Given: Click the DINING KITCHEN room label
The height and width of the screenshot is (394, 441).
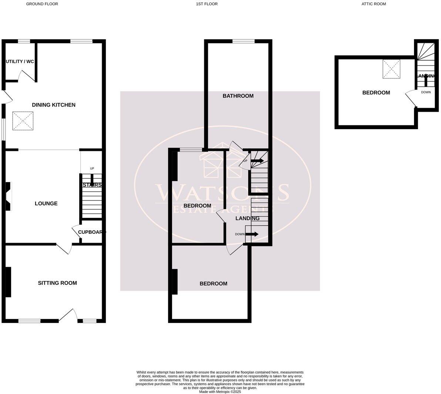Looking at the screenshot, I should pyautogui.click(x=54, y=105).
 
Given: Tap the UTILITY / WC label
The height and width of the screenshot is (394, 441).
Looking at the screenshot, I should pyautogui.click(x=20, y=61).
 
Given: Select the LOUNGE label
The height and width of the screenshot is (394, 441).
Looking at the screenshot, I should pyautogui.click(x=46, y=203).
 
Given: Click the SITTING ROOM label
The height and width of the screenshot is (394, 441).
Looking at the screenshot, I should pyautogui.click(x=57, y=283).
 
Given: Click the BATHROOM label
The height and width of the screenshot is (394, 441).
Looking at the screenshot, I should pyautogui.click(x=238, y=96).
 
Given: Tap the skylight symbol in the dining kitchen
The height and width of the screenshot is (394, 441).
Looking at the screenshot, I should pyautogui.click(x=22, y=121).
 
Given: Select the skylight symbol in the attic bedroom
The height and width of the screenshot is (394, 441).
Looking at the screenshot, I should pyautogui.click(x=391, y=69).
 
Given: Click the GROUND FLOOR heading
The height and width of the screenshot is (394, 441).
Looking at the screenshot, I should pyautogui.click(x=42, y=4).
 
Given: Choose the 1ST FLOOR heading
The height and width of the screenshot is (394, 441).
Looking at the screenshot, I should pyautogui.click(x=207, y=4).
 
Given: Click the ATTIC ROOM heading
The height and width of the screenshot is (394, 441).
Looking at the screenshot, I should pyautogui.click(x=374, y=4).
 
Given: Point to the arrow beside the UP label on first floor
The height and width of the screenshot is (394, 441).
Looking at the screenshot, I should pyautogui.click(x=257, y=161).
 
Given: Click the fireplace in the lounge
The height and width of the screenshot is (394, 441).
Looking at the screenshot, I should pyautogui.click(x=9, y=196).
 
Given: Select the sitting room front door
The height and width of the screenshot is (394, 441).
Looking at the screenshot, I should pyautogui.click(x=68, y=315).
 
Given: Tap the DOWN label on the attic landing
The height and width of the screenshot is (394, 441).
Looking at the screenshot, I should pyautogui.click(x=425, y=92).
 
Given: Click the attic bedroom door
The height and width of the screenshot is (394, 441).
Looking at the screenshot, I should pyautogui.click(x=410, y=98).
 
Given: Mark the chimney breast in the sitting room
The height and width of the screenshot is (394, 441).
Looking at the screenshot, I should pyautogui.click(x=8, y=282).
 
